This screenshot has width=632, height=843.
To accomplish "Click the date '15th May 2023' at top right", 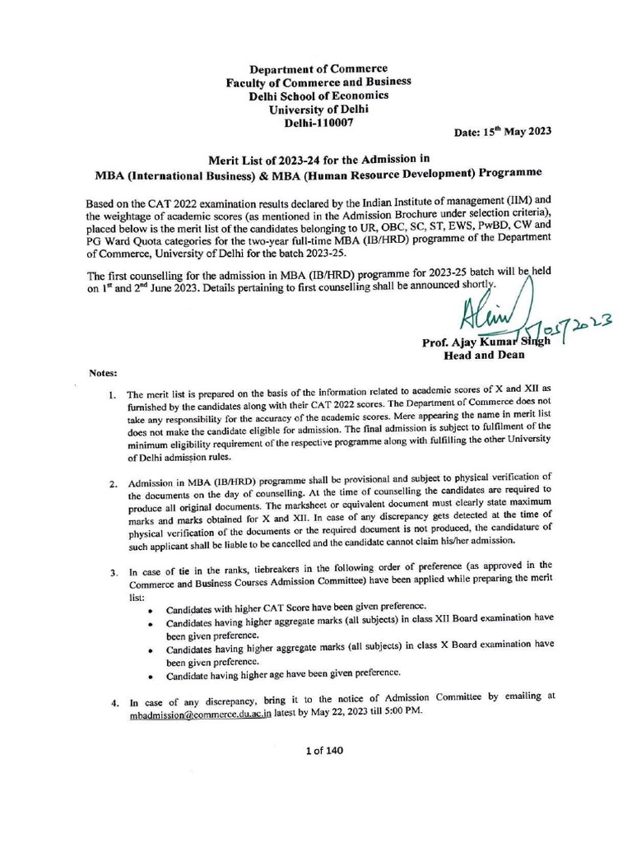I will point(502,132).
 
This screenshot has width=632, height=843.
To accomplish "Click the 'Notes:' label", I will point(104,373).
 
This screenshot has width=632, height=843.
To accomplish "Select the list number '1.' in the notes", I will point(113,396).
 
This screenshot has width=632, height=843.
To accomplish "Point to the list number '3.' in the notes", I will point(113,571).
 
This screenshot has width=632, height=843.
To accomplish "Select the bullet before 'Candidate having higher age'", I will point(148,676).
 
